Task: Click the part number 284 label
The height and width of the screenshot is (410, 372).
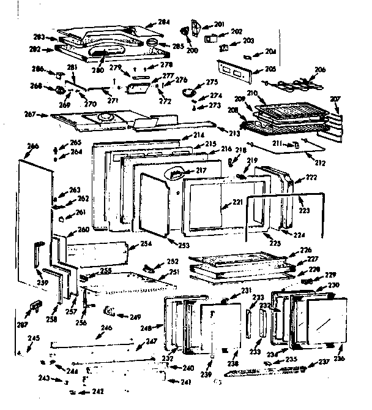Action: coord(163,22)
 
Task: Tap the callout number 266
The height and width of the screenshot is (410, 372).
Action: coord(33,145)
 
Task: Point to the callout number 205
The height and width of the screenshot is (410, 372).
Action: coord(270,69)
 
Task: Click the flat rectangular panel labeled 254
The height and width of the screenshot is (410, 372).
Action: coord(97,251)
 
